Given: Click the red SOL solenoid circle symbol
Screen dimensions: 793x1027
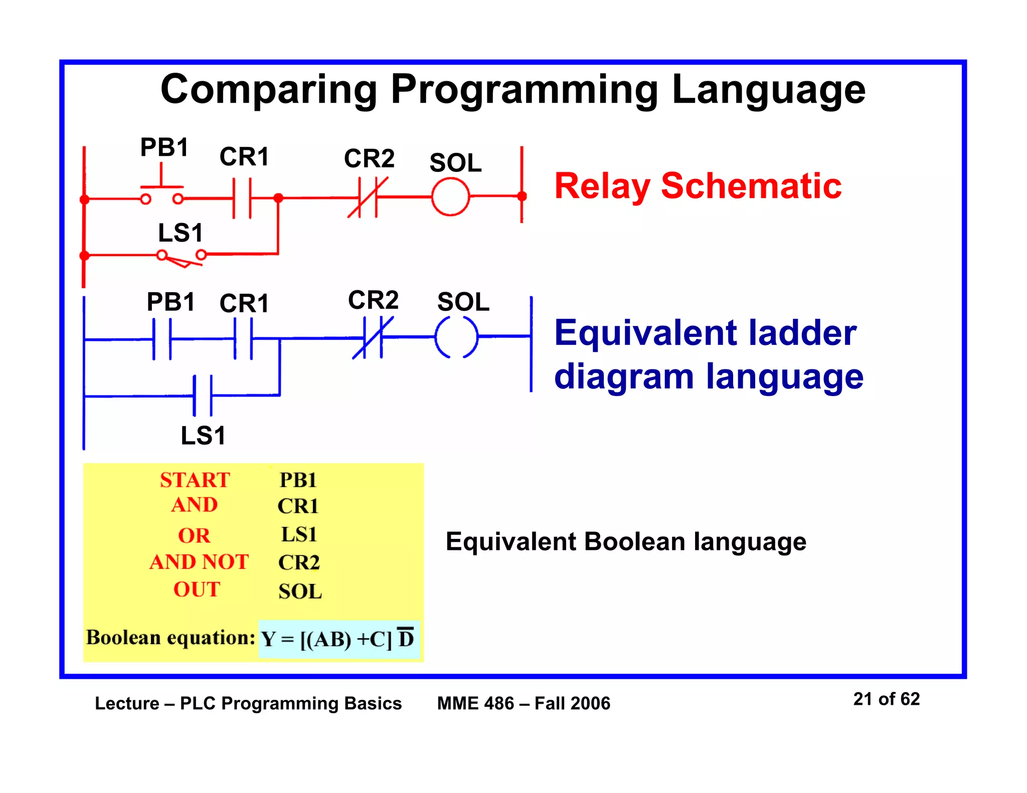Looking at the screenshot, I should pyautogui.click(x=450, y=197).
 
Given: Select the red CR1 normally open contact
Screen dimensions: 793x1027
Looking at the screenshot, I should pyautogui.click(x=242, y=198).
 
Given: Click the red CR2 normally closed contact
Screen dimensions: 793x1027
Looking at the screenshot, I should pyautogui.click(x=368, y=197).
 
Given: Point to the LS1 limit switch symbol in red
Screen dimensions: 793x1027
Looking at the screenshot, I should pyautogui.click(x=182, y=257).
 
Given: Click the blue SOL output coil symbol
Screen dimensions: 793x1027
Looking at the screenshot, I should pyautogui.click(x=456, y=337).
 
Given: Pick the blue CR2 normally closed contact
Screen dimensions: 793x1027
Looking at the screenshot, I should pyautogui.click(x=373, y=338).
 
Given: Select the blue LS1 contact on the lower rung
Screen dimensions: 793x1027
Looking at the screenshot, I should pyautogui.click(x=203, y=395).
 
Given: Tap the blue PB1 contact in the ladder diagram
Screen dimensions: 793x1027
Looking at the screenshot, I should pyautogui.click(x=161, y=339).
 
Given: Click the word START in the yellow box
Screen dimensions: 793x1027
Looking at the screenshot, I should pyautogui.click(x=195, y=480).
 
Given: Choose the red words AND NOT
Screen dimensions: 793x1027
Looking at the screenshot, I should pyautogui.click(x=199, y=562).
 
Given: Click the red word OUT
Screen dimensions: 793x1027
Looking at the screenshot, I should pyautogui.click(x=197, y=589).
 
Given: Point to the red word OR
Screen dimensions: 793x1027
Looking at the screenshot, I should pyautogui.click(x=194, y=536).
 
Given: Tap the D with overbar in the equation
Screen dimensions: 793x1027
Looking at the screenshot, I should pyautogui.click(x=406, y=638).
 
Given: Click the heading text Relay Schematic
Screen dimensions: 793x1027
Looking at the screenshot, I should pyautogui.click(x=698, y=186).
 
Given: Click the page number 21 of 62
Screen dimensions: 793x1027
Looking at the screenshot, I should pyautogui.click(x=886, y=699).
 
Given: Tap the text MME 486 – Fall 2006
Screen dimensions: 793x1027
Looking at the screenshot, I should pyautogui.click(x=524, y=703).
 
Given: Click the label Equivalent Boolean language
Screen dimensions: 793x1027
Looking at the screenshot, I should pyautogui.click(x=626, y=542).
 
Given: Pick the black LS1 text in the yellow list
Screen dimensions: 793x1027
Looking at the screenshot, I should pyautogui.click(x=299, y=534).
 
